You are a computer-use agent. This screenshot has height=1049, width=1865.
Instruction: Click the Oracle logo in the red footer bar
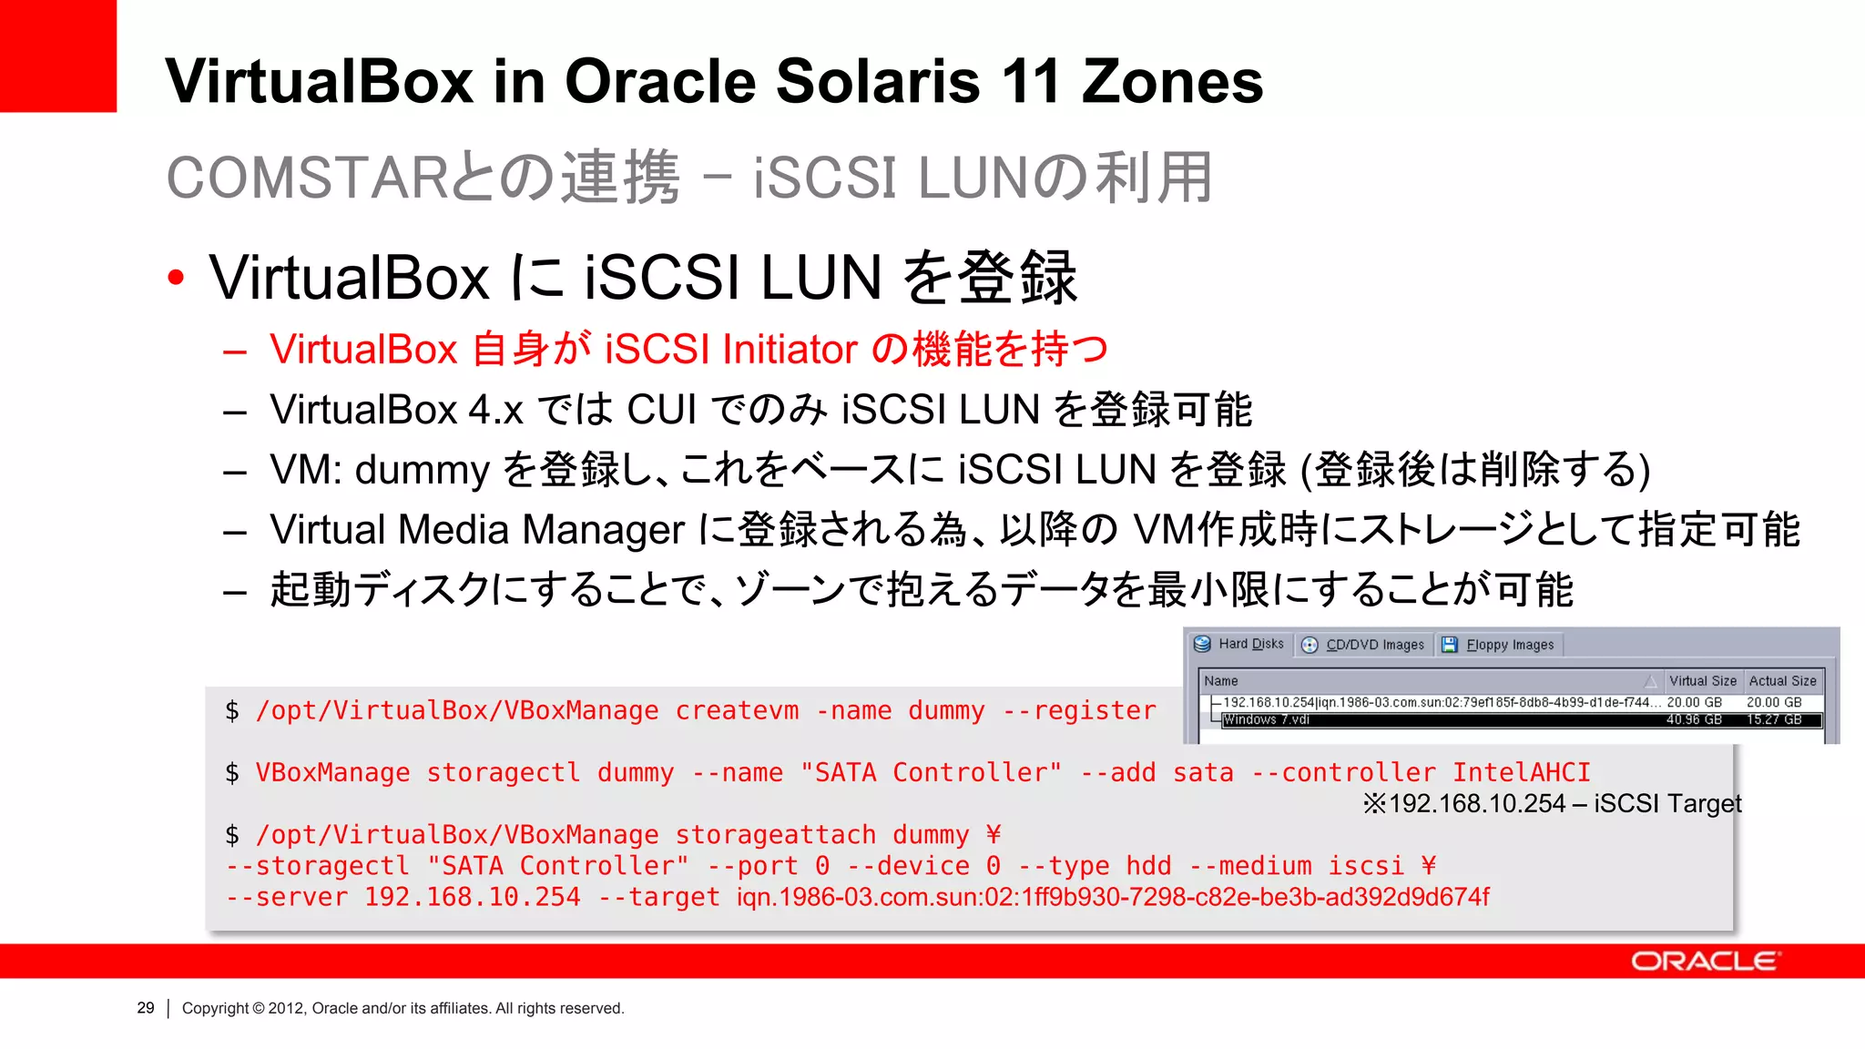tap(1705, 962)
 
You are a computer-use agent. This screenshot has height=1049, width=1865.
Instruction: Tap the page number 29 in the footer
tap(146, 1008)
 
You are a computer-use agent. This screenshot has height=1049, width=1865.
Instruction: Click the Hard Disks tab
tap(1240, 644)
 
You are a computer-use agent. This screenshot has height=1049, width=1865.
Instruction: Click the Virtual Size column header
tap(1702, 681)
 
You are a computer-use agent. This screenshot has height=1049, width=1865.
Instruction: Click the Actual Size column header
tap(1782, 681)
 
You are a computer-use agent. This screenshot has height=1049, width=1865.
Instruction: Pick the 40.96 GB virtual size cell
tap(1694, 719)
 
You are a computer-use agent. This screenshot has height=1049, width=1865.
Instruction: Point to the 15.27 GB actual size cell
tap(1774, 719)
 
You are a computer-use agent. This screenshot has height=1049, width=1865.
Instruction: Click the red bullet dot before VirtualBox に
tap(176, 277)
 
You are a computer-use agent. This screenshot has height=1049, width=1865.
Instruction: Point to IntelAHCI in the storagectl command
tap(1521, 772)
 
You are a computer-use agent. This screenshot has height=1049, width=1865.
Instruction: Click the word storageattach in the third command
tap(775, 834)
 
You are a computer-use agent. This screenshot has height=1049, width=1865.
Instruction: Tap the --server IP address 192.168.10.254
tap(472, 897)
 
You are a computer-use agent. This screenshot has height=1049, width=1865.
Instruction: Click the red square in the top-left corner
tap(57, 56)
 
